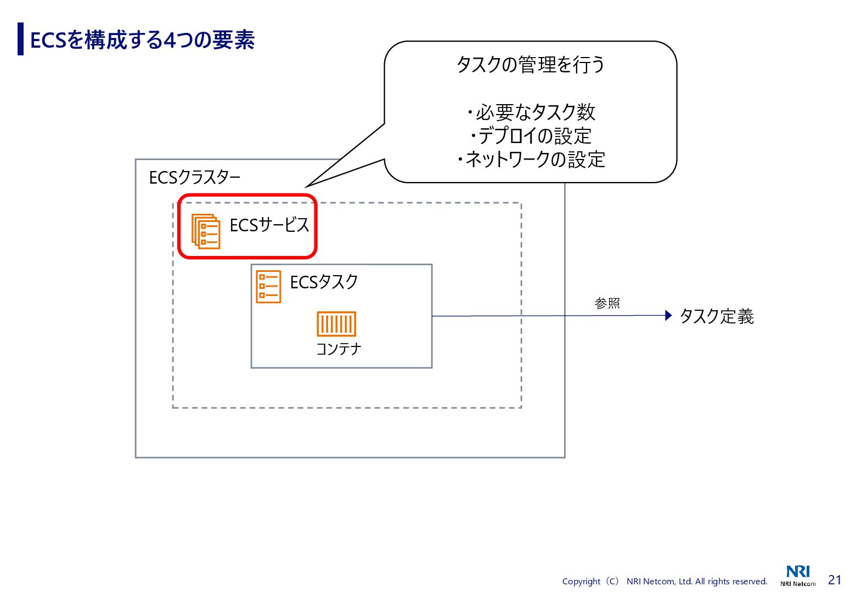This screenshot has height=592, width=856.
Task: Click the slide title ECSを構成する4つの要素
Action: [142, 40]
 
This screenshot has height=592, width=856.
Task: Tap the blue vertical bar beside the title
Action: [21, 39]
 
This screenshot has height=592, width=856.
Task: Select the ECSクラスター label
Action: [195, 178]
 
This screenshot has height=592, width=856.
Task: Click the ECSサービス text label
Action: [269, 225]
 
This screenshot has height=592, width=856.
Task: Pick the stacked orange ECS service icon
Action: [206, 231]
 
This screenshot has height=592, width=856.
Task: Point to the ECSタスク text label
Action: [324, 282]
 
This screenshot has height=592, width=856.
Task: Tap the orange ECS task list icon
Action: [268, 287]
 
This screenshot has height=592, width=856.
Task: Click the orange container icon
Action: [336, 324]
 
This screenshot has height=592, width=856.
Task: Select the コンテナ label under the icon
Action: [339, 349]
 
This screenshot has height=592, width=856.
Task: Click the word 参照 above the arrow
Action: [607, 303]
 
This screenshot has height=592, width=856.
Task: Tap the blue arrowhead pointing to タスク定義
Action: [668, 315]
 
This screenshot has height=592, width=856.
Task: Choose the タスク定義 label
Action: [717, 316]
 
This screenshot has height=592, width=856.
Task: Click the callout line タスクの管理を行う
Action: [530, 65]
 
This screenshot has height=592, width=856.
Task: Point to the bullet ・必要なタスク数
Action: [530, 112]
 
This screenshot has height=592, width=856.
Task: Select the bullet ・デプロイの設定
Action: [530, 136]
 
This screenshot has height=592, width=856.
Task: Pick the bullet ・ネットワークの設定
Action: [530, 160]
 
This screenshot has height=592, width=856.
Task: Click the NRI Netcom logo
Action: [798, 576]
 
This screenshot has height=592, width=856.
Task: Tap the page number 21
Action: [835, 580]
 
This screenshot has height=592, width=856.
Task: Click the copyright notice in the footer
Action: [664, 581]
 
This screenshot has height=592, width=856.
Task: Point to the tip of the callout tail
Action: [307, 186]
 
